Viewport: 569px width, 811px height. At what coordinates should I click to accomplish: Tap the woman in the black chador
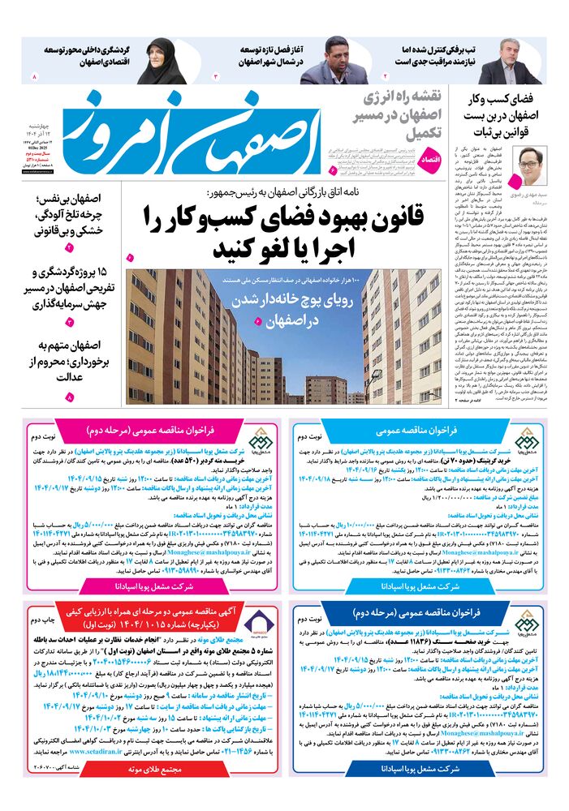coord(160,62)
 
